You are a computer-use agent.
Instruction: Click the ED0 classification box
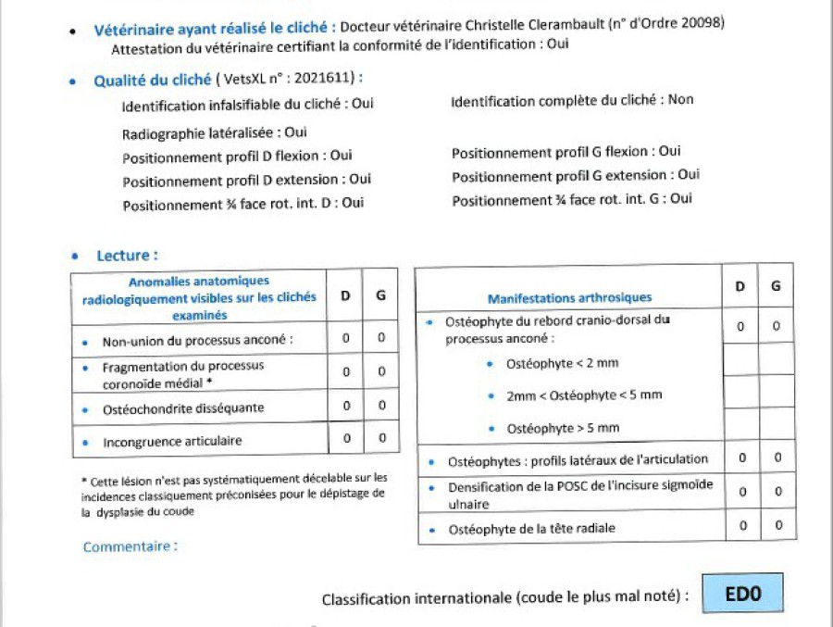742,594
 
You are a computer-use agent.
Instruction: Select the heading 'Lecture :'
127,255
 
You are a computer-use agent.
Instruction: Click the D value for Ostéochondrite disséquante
345,406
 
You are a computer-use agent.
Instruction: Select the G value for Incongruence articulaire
380,438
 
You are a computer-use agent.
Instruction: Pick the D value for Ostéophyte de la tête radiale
742,526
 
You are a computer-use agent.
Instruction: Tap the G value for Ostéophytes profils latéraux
777,458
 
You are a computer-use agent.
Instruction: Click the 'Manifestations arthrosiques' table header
569,297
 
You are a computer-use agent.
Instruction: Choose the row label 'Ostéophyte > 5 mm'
563,428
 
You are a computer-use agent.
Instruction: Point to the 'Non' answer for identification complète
680,100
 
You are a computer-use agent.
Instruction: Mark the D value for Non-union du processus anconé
345,338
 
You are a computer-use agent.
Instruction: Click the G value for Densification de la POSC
777,492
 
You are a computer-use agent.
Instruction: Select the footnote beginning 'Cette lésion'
235,495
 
